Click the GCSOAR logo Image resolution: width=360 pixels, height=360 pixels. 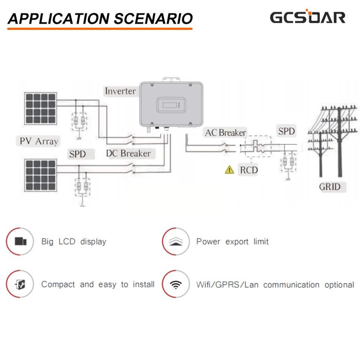tap(307, 17)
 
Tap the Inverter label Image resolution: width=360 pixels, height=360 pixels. tap(120, 91)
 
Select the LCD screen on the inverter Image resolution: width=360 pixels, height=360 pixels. tap(169, 105)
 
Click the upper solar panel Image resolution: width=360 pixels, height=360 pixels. tap(41, 108)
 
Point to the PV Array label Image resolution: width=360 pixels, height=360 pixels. tap(39, 141)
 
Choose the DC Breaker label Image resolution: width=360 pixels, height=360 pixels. tap(128, 153)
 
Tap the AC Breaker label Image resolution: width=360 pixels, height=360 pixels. tap(225, 132)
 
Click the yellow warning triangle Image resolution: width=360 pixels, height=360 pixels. tap(229, 170)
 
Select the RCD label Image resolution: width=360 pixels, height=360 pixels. tap(249, 170)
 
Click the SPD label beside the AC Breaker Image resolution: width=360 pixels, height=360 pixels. tap(286, 131)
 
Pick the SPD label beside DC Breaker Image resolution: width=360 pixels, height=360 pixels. tap(77, 154)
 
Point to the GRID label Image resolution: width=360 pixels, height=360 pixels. tap(330, 186)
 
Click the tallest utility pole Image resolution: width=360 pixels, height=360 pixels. tap(339, 142)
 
